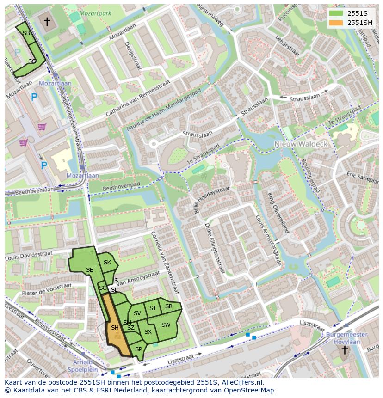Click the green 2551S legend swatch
coord(336,13)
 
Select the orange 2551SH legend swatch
coord(336,23)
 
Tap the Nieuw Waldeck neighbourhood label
coord(301,144)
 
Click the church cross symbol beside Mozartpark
coord(47,21)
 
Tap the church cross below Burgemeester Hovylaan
coord(345,350)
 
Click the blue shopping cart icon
coord(42,126)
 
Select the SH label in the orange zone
coord(115,328)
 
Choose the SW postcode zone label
coord(166,325)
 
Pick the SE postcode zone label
coord(89,270)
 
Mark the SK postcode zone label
coord(107,263)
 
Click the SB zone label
coord(26,33)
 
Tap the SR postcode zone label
coord(169,306)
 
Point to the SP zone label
coord(138,349)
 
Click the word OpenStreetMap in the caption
coord(248,390)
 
